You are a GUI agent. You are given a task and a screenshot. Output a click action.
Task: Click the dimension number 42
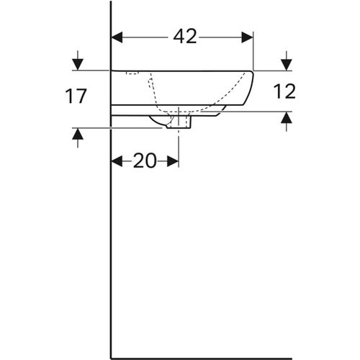(185, 37)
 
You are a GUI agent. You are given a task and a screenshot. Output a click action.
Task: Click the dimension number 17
(76, 96)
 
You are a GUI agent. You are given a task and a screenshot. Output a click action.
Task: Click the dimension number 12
(284, 91)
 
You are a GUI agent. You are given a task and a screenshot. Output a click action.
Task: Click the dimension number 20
(145, 161)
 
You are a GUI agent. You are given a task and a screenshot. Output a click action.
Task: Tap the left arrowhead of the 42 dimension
(117, 37)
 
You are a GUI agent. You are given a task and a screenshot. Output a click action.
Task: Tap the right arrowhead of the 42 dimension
(248, 37)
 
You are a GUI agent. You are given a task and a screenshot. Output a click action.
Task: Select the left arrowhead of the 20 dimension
(117, 161)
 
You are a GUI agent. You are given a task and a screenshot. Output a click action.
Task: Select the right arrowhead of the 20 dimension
(173, 161)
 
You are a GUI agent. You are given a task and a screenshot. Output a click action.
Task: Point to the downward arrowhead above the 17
(78, 64)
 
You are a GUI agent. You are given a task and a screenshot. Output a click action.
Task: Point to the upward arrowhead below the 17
(78, 134)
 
